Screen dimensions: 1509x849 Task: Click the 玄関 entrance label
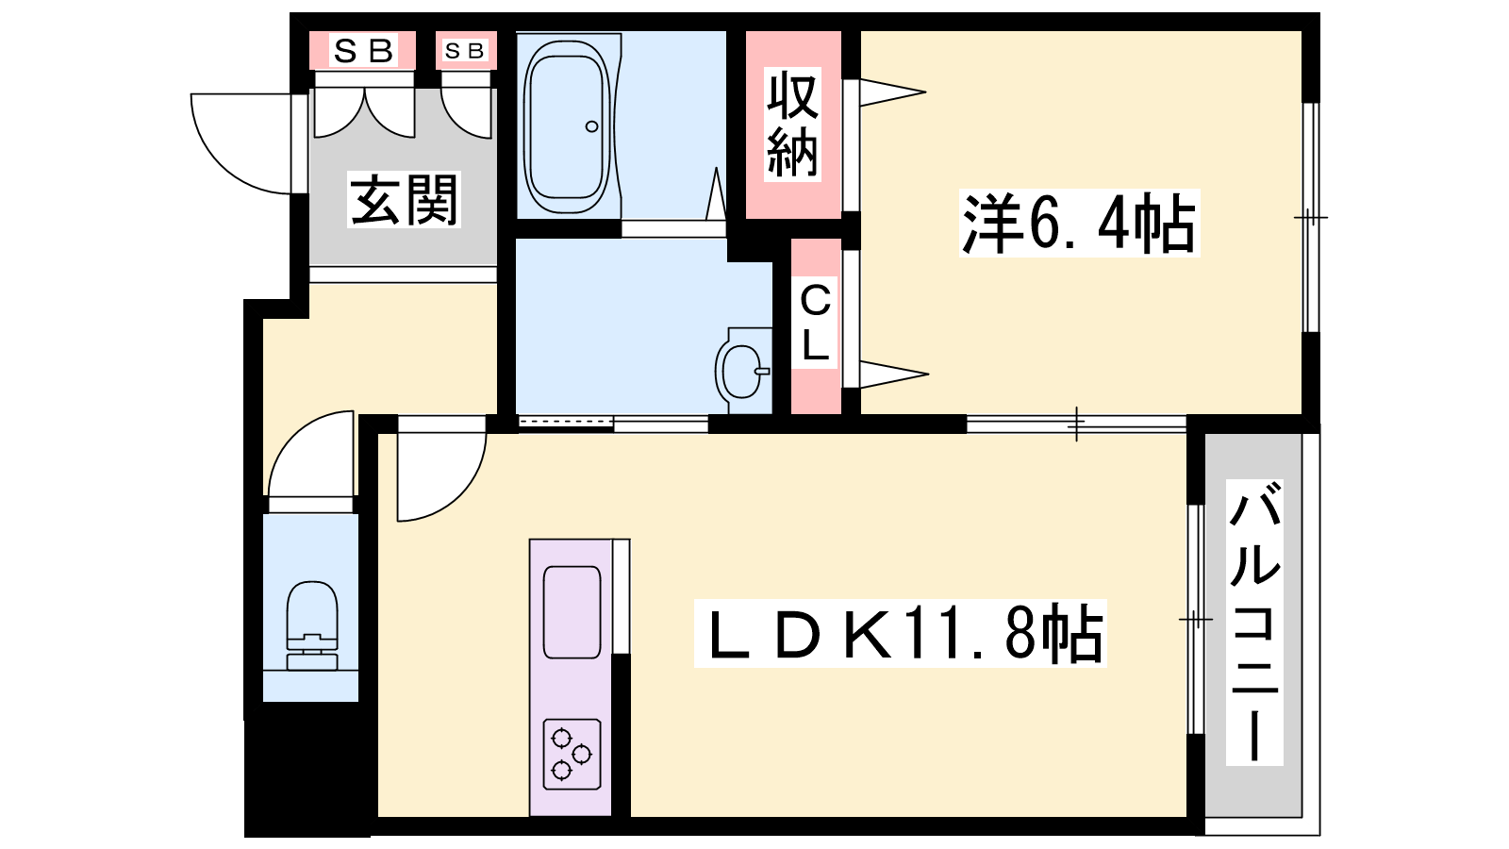click(404, 199)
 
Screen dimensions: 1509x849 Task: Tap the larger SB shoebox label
click(364, 51)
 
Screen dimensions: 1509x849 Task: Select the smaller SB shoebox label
click(465, 51)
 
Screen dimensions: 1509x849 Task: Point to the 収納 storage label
click(792, 125)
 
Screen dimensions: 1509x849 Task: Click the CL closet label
click(815, 323)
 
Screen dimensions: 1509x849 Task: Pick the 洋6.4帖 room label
click(1079, 223)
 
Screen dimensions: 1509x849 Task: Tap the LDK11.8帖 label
click(901, 633)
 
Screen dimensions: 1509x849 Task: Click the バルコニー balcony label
click(1254, 623)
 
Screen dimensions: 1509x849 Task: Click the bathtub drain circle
click(592, 126)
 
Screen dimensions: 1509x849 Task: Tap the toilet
click(312, 625)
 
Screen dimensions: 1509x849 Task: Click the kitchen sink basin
click(572, 612)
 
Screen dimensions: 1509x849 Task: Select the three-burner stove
click(572, 754)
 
